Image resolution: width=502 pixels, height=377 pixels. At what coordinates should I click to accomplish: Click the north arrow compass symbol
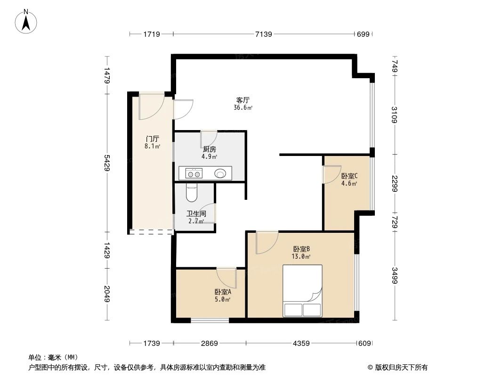click(27, 21)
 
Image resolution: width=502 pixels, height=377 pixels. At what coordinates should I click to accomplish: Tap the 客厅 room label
click(243, 100)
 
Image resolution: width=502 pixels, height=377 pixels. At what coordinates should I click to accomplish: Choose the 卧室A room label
click(223, 292)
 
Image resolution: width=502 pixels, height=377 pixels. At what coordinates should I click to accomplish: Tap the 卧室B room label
click(301, 249)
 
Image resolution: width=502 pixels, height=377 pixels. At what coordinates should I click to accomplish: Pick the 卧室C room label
click(349, 176)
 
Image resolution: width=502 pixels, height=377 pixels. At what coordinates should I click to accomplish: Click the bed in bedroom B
click(302, 290)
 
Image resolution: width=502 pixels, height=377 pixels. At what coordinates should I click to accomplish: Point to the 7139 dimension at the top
click(264, 34)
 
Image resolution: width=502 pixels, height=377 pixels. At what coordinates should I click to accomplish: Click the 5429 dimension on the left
click(107, 164)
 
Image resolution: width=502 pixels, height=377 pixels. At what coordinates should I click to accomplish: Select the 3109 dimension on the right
click(394, 115)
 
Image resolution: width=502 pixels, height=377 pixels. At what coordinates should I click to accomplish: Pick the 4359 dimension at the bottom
click(301, 344)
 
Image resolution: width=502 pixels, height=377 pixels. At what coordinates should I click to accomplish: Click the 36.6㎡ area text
click(243, 107)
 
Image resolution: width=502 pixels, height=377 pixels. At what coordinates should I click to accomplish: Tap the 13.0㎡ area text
click(301, 257)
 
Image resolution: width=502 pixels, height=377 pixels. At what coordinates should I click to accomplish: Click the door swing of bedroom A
click(227, 277)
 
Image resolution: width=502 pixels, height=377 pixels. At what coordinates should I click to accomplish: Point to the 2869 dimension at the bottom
click(209, 344)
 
